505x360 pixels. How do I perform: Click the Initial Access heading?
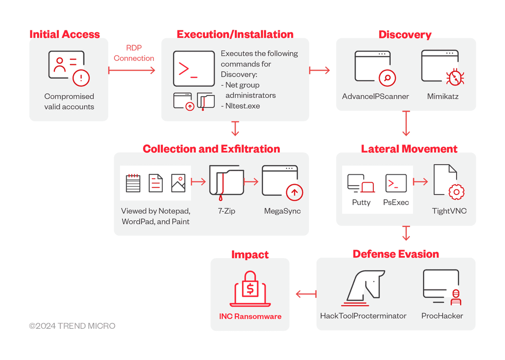coord(65,35)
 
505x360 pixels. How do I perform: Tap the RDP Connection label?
coord(134,53)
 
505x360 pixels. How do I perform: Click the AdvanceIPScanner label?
coord(375,96)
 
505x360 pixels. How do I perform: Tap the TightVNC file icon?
coord(449,181)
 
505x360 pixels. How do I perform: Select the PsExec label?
coord(396,202)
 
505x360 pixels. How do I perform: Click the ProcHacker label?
coord(442,316)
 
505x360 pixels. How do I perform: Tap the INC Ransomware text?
coord(250,317)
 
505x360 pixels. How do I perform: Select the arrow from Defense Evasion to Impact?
coord(306,294)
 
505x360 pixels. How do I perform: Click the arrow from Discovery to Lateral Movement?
coord(406,123)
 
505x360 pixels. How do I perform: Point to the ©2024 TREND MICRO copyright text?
coord(72,326)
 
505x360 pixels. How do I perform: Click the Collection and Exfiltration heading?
coord(211,149)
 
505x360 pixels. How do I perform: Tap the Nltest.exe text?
coord(240,106)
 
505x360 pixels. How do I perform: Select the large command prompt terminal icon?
coord(194,69)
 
